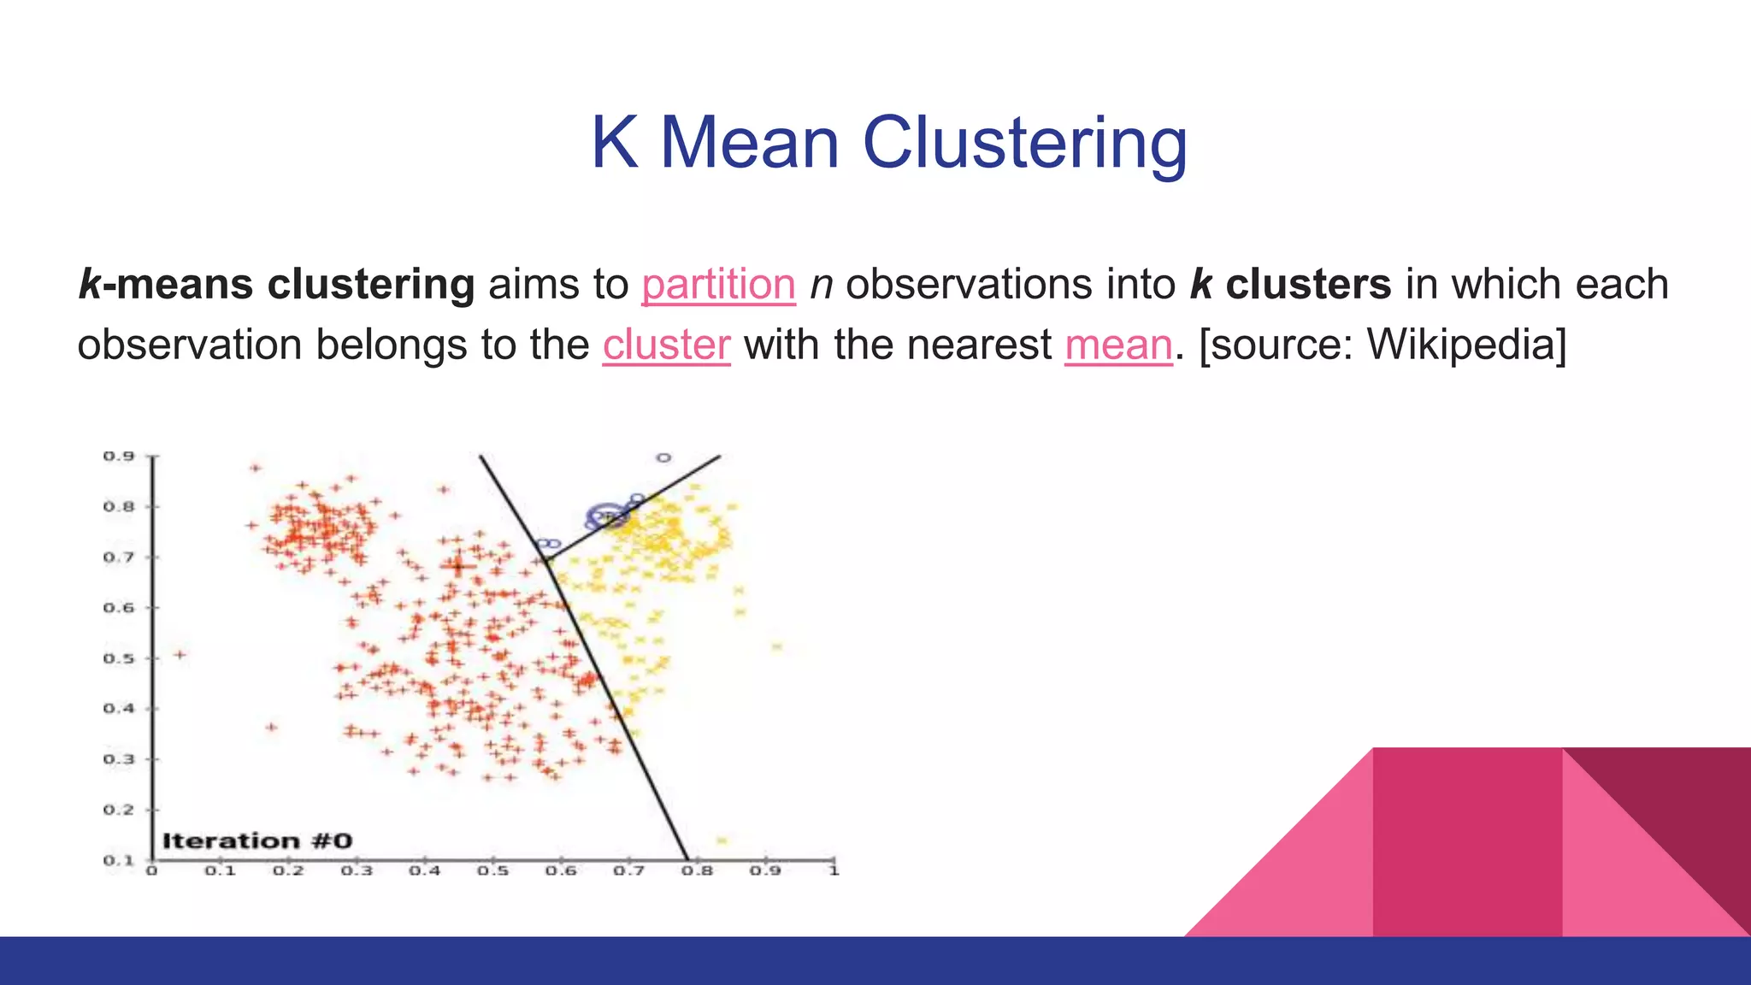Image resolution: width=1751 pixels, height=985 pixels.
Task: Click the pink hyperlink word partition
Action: (x=718, y=285)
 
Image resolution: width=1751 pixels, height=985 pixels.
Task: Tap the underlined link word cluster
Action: (x=666, y=345)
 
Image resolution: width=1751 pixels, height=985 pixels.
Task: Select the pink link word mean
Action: (x=1118, y=345)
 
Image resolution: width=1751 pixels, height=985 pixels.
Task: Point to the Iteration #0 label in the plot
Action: (x=256, y=840)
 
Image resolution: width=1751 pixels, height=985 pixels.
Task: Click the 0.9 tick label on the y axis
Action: (x=119, y=456)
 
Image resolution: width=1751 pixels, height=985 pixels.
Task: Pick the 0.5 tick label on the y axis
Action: (x=119, y=658)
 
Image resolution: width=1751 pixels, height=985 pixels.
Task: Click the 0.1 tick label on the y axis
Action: (x=119, y=860)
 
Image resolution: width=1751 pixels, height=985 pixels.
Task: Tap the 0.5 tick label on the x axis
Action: (x=492, y=871)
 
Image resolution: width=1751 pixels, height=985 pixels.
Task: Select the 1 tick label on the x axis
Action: (x=834, y=871)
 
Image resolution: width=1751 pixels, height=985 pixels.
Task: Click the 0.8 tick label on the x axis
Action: (x=697, y=871)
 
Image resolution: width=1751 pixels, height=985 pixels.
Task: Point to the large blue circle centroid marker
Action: (x=607, y=516)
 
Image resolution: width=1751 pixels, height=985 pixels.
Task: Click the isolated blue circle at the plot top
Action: (x=664, y=458)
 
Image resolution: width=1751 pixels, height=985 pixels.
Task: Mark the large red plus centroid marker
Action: (x=459, y=565)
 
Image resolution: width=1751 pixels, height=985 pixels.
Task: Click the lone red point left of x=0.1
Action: (x=180, y=655)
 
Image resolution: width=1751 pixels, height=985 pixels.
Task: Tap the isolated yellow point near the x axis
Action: (x=722, y=840)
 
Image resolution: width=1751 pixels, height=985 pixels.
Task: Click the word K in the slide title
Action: (x=614, y=143)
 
